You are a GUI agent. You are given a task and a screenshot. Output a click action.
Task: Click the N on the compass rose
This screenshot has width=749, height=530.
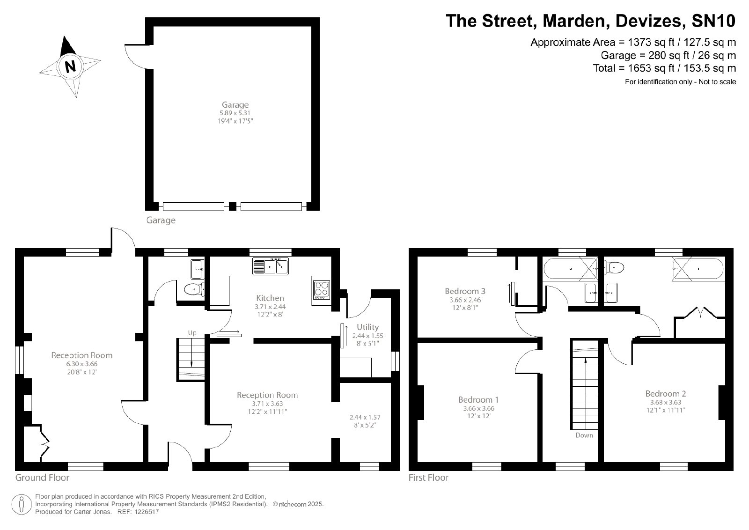pyautogui.click(x=70, y=66)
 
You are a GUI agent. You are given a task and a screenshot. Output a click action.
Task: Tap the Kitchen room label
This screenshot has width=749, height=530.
pyautogui.click(x=270, y=298)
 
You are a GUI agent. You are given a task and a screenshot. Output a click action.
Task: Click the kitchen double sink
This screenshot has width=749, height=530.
pyautogui.click(x=271, y=266)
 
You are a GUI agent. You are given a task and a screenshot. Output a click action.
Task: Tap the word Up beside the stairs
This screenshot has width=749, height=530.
pyautogui.click(x=192, y=333)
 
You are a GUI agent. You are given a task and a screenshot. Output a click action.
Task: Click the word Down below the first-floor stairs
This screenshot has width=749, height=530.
pyautogui.click(x=584, y=435)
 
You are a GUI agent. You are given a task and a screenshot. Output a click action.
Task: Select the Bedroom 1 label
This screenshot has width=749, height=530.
pyautogui.click(x=478, y=399)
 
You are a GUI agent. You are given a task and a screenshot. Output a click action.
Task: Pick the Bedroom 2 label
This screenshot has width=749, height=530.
pyautogui.click(x=666, y=394)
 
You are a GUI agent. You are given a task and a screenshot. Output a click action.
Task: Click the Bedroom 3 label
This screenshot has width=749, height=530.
pyautogui.click(x=465, y=291)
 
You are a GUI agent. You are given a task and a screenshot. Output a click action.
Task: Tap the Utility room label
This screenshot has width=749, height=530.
pyautogui.click(x=367, y=327)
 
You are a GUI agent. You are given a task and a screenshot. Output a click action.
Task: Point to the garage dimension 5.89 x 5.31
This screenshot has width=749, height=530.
pyautogui.click(x=235, y=113)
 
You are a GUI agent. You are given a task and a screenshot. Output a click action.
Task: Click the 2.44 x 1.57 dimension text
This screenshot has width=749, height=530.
pyautogui.click(x=365, y=417)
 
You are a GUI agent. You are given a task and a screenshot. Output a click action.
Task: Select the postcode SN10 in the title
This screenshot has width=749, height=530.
pyautogui.click(x=713, y=21)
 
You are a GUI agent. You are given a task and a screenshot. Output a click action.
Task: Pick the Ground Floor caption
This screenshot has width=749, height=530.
pyautogui.click(x=43, y=478)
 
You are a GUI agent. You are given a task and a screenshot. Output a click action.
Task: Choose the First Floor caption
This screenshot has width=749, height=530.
pyautogui.click(x=428, y=478)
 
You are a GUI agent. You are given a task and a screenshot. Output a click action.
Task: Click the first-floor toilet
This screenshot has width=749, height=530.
pyautogui.click(x=614, y=268)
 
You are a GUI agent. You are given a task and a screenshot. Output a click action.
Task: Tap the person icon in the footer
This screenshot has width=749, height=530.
pyautogui.click(x=22, y=504)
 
